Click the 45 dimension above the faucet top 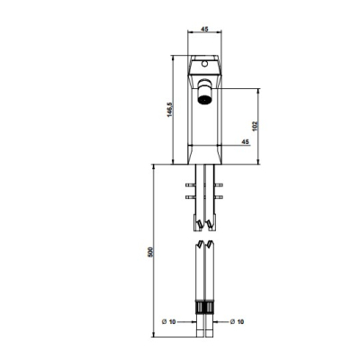(x=204, y=29)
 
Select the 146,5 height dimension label (x=169, y=110)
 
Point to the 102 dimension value (x=255, y=126)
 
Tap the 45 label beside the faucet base (x=246, y=141)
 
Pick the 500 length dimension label (x=150, y=252)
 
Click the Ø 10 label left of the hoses (x=168, y=321)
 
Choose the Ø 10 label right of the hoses (x=237, y=321)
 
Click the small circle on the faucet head (x=204, y=64)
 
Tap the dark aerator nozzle (x=204, y=99)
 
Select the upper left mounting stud (x=191, y=184)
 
